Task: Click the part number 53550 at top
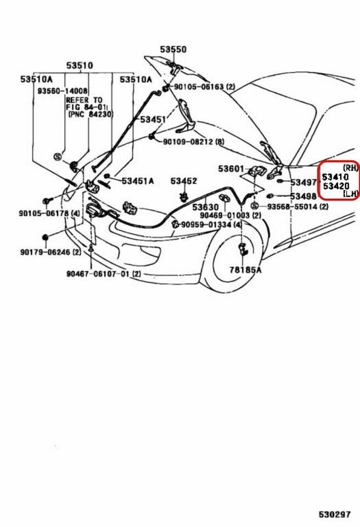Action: [173, 49]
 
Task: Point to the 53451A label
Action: [138, 180]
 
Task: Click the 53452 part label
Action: [183, 181]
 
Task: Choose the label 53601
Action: [230, 169]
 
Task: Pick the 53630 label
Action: [205, 207]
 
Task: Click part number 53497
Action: [303, 182]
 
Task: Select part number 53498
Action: [303, 196]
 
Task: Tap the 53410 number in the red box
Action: [335, 177]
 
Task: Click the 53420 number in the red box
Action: [335, 186]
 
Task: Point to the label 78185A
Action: [245, 270]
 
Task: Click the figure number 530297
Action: [334, 514]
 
